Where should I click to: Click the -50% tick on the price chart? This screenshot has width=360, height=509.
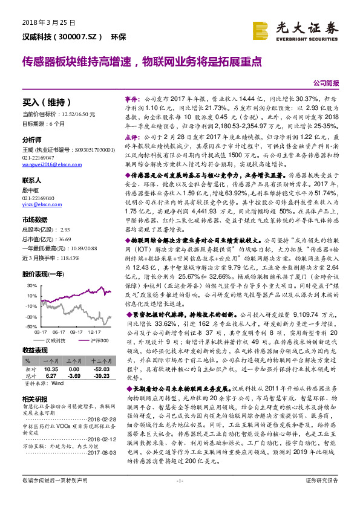(x=31, y=326)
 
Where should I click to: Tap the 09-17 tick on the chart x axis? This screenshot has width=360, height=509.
(x=76, y=332)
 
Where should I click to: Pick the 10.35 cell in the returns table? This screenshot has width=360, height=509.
(x=51, y=368)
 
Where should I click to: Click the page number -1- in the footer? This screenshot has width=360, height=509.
(x=179, y=497)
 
